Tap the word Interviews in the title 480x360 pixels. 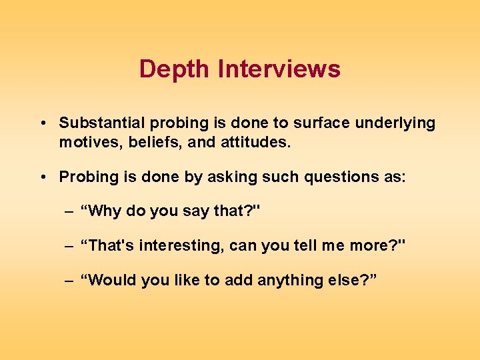[x=279, y=69]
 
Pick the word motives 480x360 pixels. [x=85, y=142]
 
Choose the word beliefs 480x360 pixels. [x=143, y=142]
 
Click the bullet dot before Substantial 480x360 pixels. [x=42, y=124]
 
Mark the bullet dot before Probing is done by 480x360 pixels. [x=42, y=177]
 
